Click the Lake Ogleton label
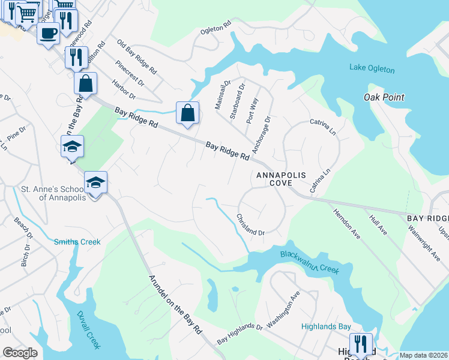click(x=372, y=69)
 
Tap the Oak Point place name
click(x=384, y=97)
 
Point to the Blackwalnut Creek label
click(x=309, y=263)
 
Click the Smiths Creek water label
click(x=77, y=242)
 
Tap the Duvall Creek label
click(x=89, y=331)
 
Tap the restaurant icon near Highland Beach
click(x=360, y=344)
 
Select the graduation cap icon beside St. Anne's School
click(x=95, y=182)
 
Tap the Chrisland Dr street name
click(x=250, y=225)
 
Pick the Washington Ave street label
click(x=283, y=308)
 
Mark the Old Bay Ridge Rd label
click(x=137, y=58)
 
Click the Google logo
click(x=20, y=353)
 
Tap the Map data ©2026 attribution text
click(x=423, y=355)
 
